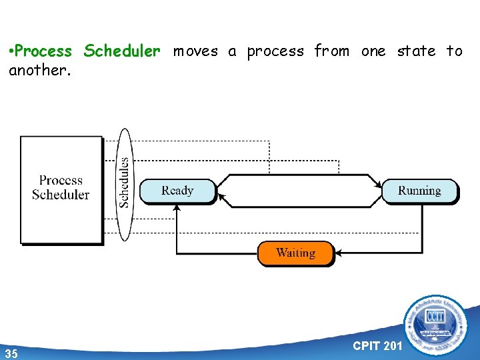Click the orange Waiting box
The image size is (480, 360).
pyautogui.click(x=295, y=253)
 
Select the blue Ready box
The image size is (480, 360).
pyautogui.click(x=177, y=191)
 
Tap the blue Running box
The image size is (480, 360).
pyautogui.click(x=419, y=191)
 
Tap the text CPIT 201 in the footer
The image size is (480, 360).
pyautogui.click(x=377, y=345)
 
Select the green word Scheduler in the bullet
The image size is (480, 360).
pyautogui.click(x=122, y=51)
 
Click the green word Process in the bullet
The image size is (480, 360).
pyautogui.click(x=45, y=51)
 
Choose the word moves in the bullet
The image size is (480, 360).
pyautogui.click(x=196, y=51)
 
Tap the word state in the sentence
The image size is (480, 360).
pyautogui.click(x=416, y=51)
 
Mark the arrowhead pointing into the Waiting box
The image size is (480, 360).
pyautogui.click(x=338, y=253)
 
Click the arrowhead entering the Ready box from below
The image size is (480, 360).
pyautogui.click(x=177, y=207)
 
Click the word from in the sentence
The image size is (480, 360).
pyautogui.click(x=331, y=51)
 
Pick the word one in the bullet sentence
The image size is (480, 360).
pyautogui.click(x=373, y=51)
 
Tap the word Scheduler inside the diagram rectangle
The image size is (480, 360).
pyautogui.click(x=61, y=195)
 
